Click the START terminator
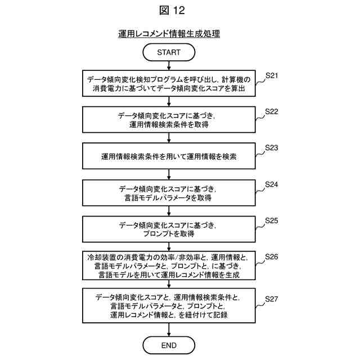pos(169,52)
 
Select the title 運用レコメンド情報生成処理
pos(169,34)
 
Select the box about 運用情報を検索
pos(169,157)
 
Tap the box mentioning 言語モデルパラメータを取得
pos(169,193)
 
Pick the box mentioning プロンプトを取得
pos(169,229)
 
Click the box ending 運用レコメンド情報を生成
pos(169,266)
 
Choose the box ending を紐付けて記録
pos(169,306)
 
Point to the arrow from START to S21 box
pos(169,65)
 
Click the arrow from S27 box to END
pos(169,330)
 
